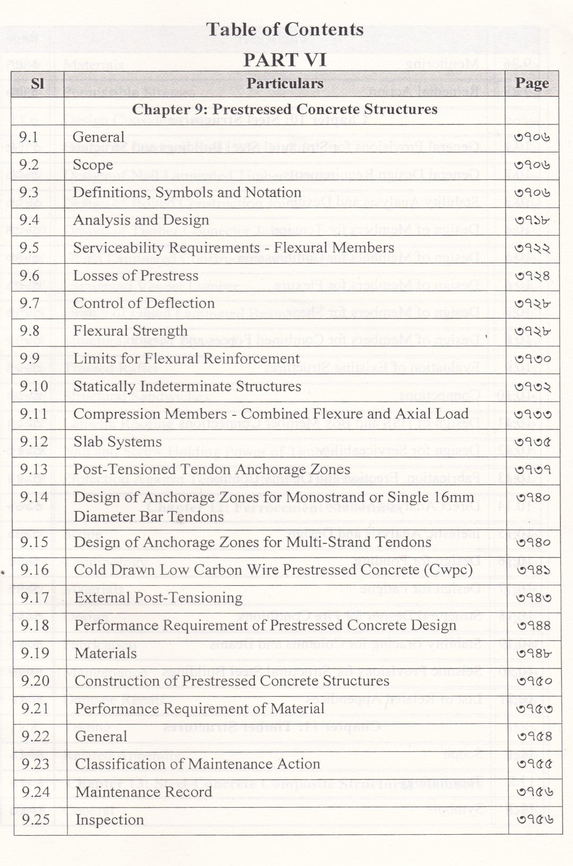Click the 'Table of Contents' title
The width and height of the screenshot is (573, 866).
pyautogui.click(x=285, y=29)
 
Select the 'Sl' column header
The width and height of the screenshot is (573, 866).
pyautogui.click(x=37, y=84)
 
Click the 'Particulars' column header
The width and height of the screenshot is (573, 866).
pyautogui.click(x=285, y=84)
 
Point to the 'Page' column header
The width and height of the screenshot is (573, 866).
pyautogui.click(x=532, y=84)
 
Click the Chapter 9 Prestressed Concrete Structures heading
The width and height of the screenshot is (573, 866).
pyautogui.click(x=285, y=110)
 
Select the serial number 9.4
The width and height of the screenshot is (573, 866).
pyautogui.click(x=29, y=220)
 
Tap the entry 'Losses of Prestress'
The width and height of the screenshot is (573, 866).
pyautogui.click(x=136, y=275)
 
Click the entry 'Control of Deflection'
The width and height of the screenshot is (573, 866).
pyautogui.click(x=144, y=303)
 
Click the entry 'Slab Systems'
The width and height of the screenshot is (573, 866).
pyautogui.click(x=118, y=442)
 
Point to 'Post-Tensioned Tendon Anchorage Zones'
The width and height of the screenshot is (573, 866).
pyautogui.click(x=212, y=470)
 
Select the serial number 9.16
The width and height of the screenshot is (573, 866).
pyautogui.click(x=35, y=570)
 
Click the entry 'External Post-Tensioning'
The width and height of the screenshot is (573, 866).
pyautogui.click(x=158, y=598)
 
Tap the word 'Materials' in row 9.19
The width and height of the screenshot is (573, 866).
pyautogui.click(x=106, y=653)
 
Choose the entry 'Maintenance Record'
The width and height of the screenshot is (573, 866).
pyautogui.click(x=144, y=792)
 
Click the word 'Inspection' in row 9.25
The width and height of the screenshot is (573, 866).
pyautogui.click(x=109, y=820)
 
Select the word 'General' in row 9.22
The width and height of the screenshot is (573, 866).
pyautogui.click(x=101, y=737)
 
